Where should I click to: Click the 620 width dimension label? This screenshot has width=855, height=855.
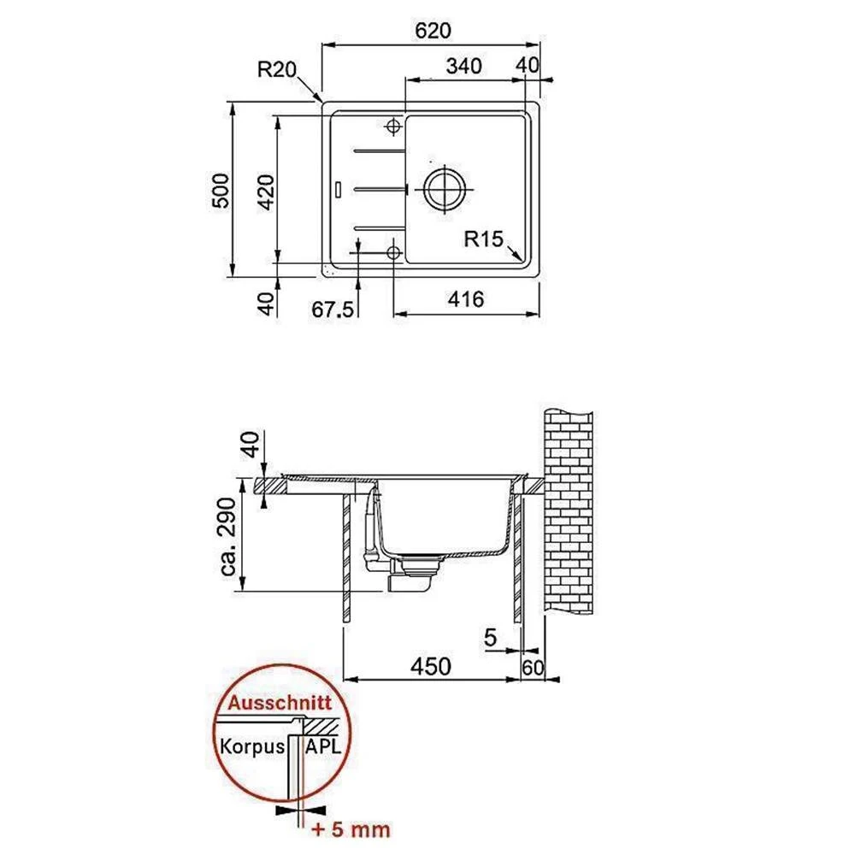pyautogui.click(x=433, y=31)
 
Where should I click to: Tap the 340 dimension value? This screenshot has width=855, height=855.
pyautogui.click(x=464, y=66)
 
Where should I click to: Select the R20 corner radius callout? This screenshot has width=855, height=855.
pyautogui.click(x=277, y=70)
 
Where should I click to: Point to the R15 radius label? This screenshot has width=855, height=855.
pyautogui.click(x=484, y=239)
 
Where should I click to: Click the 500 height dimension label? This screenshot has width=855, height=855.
pyautogui.click(x=221, y=191)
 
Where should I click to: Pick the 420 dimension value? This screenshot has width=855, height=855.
pyautogui.click(x=266, y=192)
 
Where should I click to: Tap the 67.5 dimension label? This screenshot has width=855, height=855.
pyautogui.click(x=333, y=310)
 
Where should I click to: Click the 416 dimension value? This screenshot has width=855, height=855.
pyautogui.click(x=466, y=299)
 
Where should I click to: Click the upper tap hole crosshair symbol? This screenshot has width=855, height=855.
pyautogui.click(x=392, y=127)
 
